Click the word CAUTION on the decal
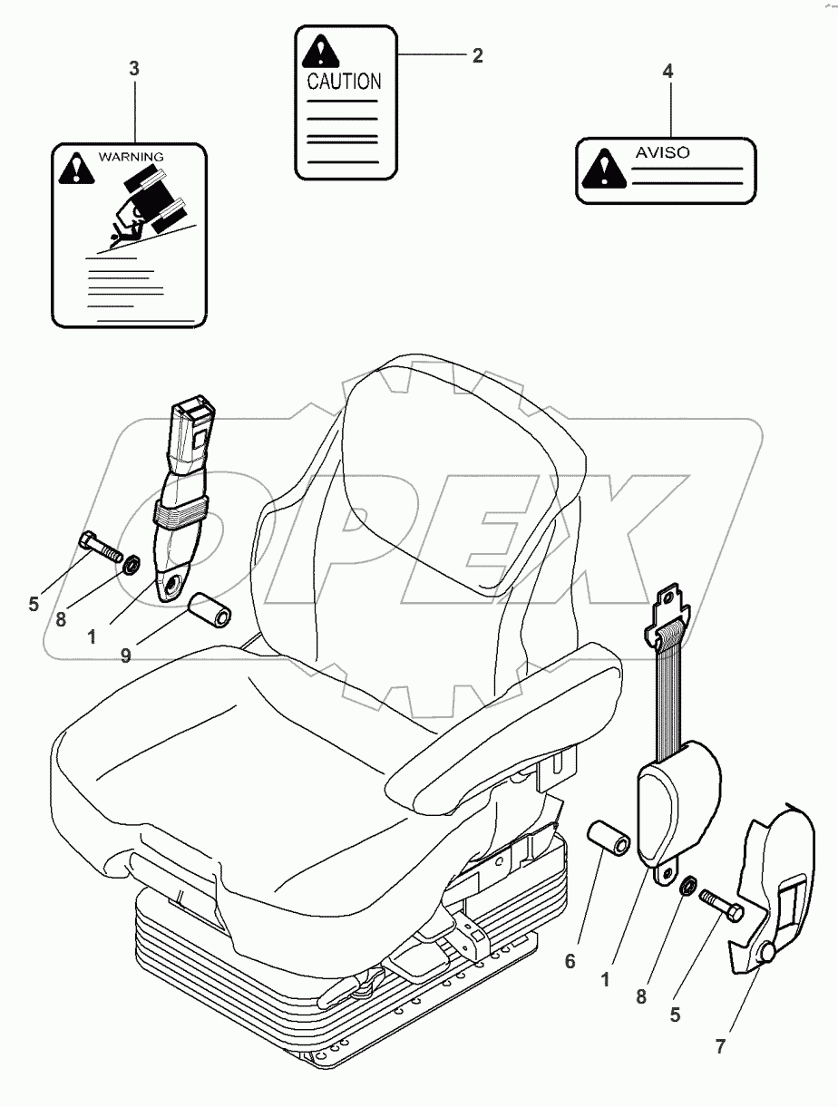tap(345, 82)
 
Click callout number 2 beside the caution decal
tap(477, 55)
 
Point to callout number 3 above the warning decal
tap(134, 68)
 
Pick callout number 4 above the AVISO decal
tap(668, 72)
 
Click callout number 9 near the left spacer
tap(125, 654)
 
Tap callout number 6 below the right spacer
tap(570, 961)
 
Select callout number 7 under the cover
tap(719, 1047)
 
